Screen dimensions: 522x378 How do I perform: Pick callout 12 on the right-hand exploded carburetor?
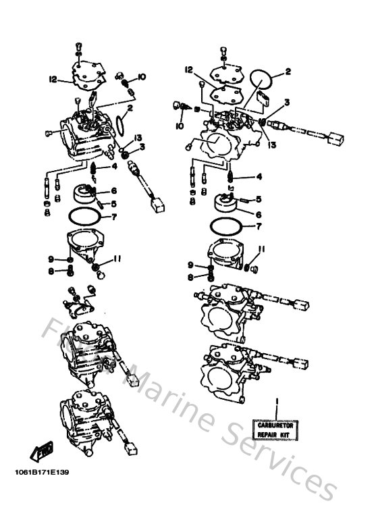coord(190,70)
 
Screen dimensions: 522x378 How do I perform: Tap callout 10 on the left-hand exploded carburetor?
coord(141,76)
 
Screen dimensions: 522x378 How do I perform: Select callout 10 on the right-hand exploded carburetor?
coord(179,126)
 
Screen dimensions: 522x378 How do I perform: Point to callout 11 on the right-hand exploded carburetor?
coord(261,249)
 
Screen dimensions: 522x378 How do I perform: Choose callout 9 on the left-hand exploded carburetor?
coord(51,259)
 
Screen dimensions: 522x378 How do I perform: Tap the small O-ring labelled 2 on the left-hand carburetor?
coord(121,124)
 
